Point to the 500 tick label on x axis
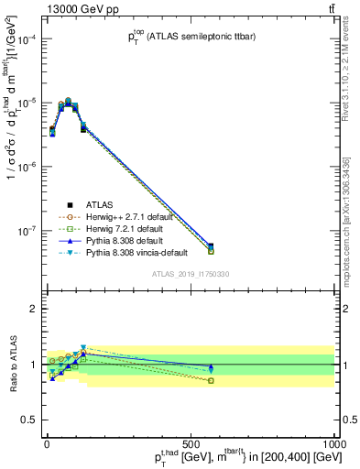(x=191, y=442)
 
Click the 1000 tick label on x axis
(x=334, y=442)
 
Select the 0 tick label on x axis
(x=47, y=442)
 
